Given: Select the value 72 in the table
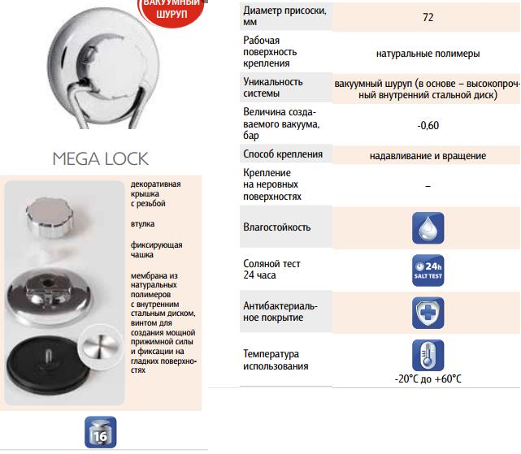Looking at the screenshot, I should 428,17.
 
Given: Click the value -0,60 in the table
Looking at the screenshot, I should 428,125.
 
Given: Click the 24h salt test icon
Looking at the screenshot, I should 428,269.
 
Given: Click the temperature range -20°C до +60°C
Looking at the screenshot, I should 428,379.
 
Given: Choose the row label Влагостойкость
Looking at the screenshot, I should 277,227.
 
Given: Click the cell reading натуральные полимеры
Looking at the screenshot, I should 428,54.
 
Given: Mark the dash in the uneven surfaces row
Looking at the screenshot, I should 428,186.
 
